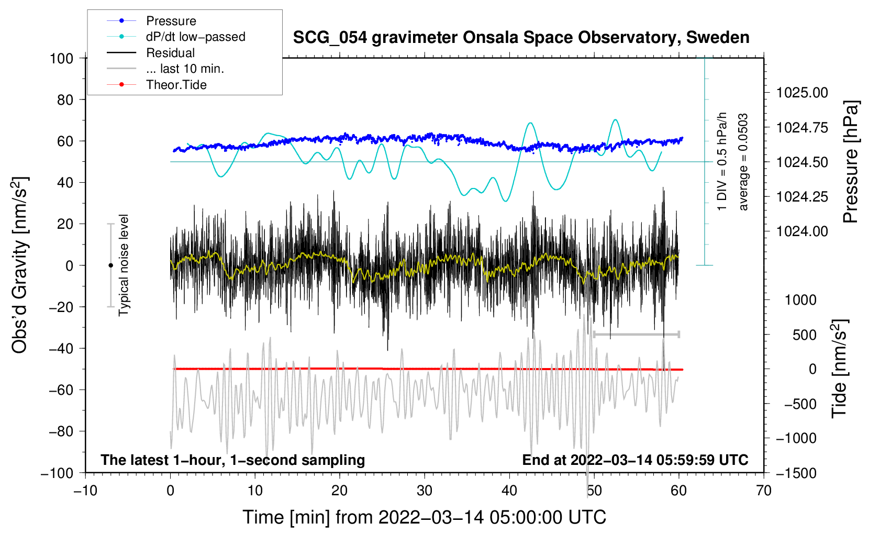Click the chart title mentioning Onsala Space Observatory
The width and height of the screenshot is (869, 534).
pos(521,38)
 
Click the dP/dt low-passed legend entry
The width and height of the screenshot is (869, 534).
pos(195,37)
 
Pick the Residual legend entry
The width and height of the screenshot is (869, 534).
pos(170,53)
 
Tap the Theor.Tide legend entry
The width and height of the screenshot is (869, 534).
pos(176,85)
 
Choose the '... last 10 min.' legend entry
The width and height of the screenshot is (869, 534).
pos(185,69)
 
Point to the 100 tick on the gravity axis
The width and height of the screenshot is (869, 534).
pos(61,58)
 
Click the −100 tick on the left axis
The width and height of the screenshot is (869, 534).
pos(57,473)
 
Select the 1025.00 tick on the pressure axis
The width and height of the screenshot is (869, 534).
pos(802,93)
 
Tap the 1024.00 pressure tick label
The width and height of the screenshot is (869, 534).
pos(802,231)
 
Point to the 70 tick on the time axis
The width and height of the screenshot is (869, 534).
pos(764,491)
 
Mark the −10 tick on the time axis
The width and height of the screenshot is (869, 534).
pos(85,491)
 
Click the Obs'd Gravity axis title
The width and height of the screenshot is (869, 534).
pos(20,265)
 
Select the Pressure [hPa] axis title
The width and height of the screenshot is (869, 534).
pos(851,162)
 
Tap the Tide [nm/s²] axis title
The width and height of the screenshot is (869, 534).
pos(839,369)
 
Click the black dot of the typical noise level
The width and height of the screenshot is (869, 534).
pos(110,265)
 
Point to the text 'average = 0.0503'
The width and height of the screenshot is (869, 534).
pos(743,162)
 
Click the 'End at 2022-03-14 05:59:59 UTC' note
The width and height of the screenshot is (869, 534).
pos(635,460)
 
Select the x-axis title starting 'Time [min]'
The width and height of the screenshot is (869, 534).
pos(424,517)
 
